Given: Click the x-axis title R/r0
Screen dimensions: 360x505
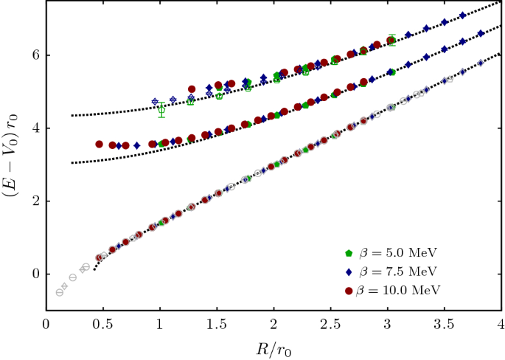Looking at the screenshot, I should coord(274,347).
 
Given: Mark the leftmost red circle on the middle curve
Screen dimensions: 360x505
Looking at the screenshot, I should coord(99,144).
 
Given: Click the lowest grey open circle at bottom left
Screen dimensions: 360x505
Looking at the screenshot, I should coord(60,292).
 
